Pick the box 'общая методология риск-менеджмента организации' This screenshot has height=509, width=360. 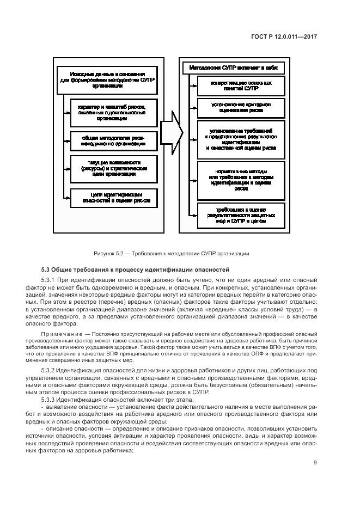pyautogui.click(x=111, y=140)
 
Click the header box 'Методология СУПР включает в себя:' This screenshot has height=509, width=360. pyautogui.click(x=233, y=69)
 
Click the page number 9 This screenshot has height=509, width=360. pyautogui.click(x=315, y=463)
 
